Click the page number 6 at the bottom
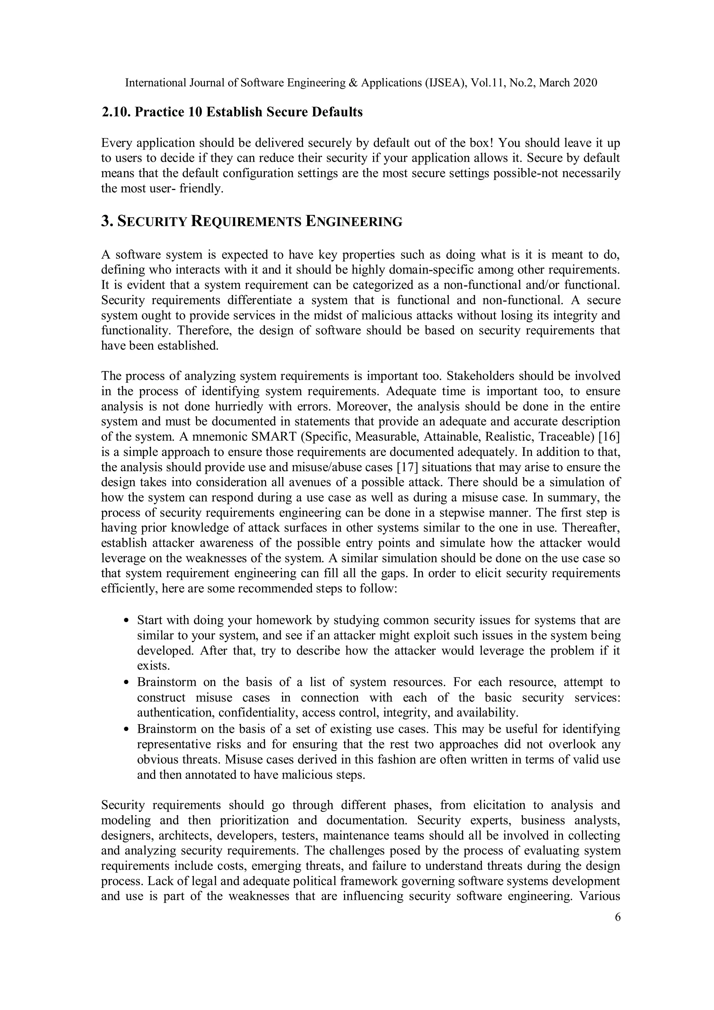click(x=618, y=917)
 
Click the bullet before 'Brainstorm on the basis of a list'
click(x=127, y=683)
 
